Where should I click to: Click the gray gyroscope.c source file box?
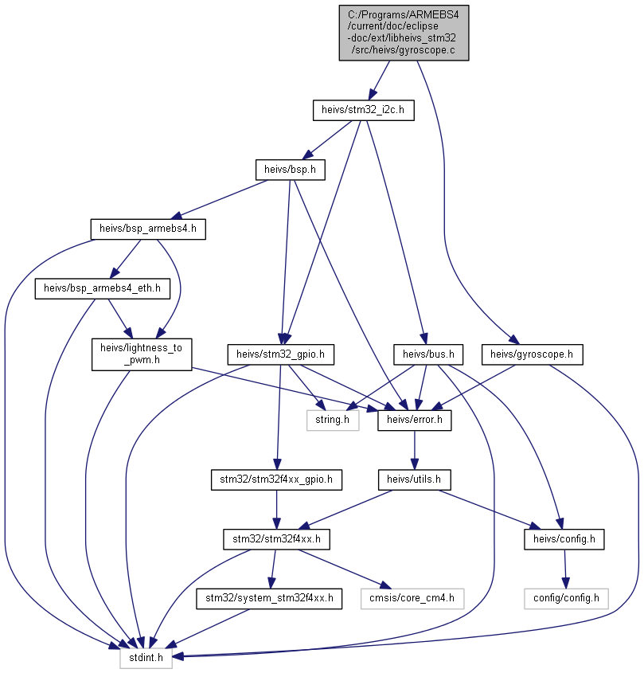point(404,33)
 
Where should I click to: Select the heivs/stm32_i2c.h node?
point(364,110)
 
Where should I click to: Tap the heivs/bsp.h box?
point(290,170)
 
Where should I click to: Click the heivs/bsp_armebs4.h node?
point(148,229)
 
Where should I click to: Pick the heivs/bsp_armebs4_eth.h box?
point(102,288)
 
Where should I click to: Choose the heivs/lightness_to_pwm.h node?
point(142,354)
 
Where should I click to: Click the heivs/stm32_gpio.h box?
point(280,354)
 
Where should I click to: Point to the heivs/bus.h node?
point(428,354)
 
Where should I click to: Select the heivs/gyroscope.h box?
point(532,354)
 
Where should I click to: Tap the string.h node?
point(333,420)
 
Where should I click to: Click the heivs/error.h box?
point(415,420)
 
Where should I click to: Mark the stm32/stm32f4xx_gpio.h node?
point(276,479)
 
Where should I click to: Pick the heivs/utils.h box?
point(414,479)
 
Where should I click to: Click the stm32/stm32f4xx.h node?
point(276,539)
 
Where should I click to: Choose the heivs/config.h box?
point(564,539)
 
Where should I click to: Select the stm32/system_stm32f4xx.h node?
point(269,598)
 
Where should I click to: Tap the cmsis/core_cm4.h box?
point(412,598)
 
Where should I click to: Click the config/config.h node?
point(566,598)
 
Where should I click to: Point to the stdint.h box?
point(146,658)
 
